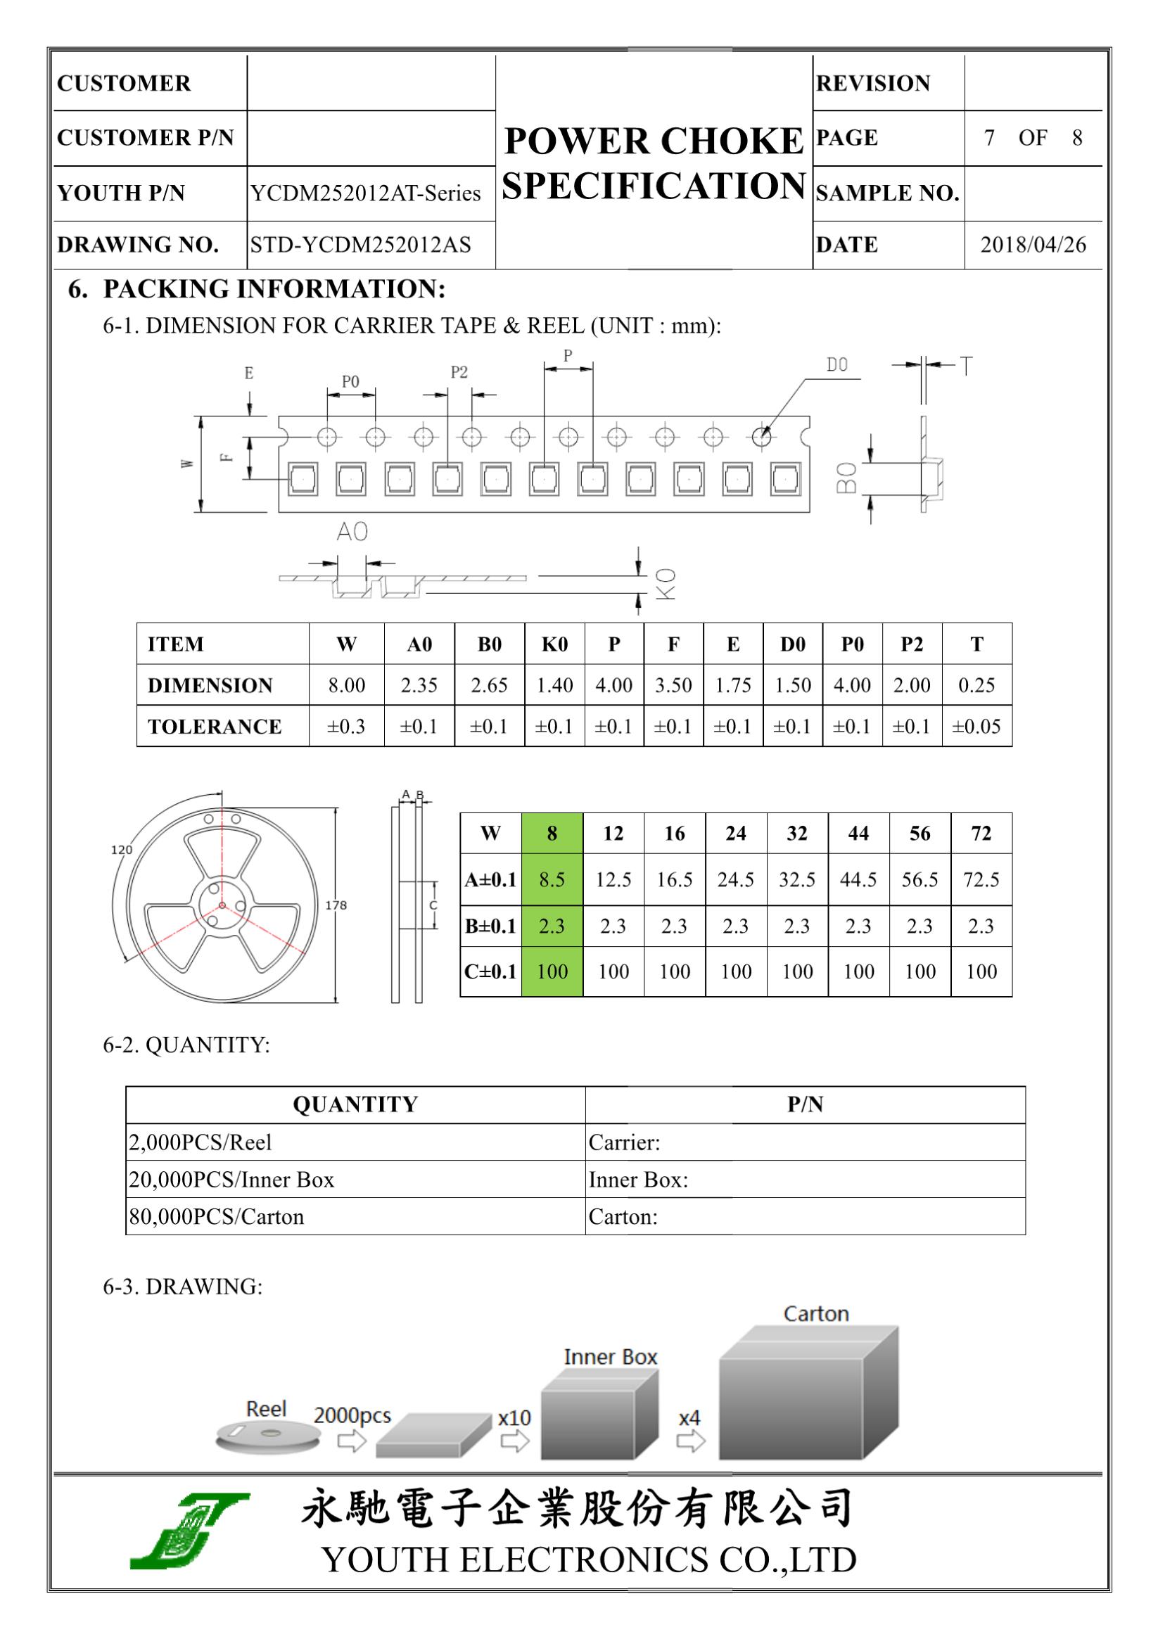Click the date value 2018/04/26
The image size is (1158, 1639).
(x=1032, y=245)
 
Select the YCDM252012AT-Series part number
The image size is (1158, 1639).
(x=365, y=193)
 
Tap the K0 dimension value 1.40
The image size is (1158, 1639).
(x=554, y=685)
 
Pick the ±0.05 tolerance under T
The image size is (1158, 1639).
(x=976, y=727)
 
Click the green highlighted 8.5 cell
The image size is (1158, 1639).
(x=552, y=879)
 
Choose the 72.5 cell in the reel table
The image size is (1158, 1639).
(x=981, y=879)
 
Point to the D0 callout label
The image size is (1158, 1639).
(x=836, y=366)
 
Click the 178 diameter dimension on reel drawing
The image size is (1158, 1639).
(x=336, y=905)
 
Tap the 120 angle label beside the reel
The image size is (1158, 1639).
(x=122, y=850)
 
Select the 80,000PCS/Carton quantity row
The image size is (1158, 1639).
(x=216, y=1216)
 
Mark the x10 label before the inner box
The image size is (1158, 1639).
(x=514, y=1417)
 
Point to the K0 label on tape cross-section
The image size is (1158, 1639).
(x=665, y=584)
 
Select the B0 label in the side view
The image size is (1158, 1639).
(x=846, y=478)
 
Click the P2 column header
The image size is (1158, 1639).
(x=912, y=644)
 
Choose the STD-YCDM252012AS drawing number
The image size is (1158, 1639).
(x=360, y=245)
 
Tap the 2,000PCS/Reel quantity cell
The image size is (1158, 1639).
(x=201, y=1142)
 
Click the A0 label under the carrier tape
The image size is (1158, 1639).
(x=352, y=532)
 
